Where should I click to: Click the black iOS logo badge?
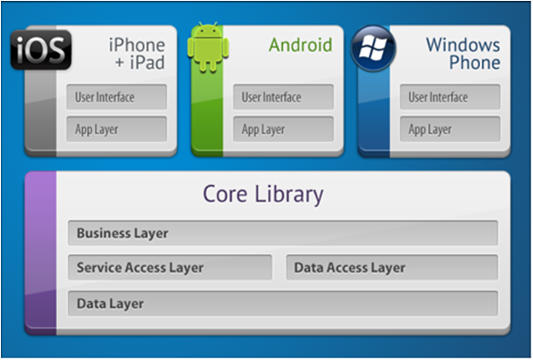(x=41, y=49)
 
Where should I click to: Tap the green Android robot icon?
(x=208, y=47)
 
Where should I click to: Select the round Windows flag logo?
(x=374, y=48)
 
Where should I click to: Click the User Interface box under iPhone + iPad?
(x=117, y=97)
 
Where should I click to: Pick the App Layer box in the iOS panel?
(x=117, y=129)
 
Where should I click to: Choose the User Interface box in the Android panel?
(x=283, y=97)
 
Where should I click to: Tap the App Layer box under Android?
(x=283, y=129)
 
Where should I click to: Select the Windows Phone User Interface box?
(x=450, y=97)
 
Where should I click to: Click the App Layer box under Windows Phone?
(x=450, y=129)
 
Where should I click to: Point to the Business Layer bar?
(x=283, y=233)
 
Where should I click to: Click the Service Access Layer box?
(x=170, y=267)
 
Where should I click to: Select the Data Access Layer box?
(x=392, y=267)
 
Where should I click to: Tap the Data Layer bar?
(x=283, y=303)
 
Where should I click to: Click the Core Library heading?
(x=264, y=195)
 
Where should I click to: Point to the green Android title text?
(x=300, y=45)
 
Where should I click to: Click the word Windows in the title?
(x=463, y=45)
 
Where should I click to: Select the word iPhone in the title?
(x=137, y=45)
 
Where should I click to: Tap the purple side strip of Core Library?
(x=41, y=253)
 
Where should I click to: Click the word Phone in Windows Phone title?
(x=475, y=62)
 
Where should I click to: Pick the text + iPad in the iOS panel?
(x=140, y=62)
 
